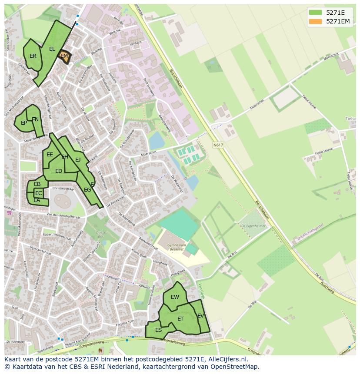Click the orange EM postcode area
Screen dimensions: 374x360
64,56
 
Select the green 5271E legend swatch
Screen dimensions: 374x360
315,13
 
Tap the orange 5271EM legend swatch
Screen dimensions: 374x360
315,21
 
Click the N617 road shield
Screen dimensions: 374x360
218,145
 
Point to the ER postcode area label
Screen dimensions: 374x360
33,56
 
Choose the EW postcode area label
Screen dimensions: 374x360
175,297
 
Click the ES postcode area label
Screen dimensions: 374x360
158,330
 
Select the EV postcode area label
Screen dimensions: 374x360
200,316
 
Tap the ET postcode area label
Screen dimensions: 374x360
180,319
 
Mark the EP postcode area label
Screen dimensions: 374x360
24,123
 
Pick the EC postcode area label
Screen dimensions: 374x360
39,193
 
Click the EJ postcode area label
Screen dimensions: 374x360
78,160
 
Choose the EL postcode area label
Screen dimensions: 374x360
52,49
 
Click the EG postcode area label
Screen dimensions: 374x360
87,190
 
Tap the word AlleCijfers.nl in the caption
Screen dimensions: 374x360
227,360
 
